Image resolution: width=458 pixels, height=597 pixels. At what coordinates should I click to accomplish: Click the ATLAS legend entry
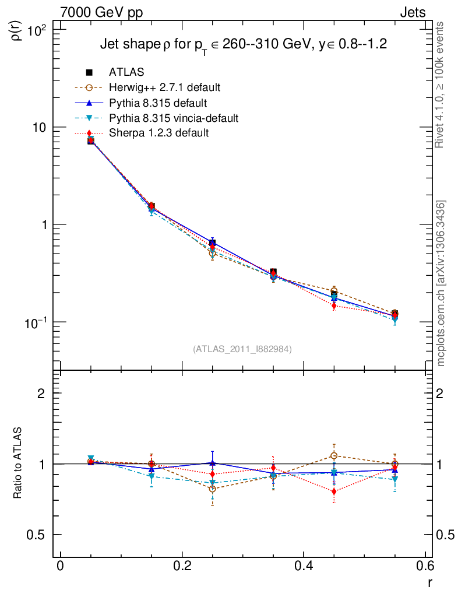pyautogui.click(x=126, y=72)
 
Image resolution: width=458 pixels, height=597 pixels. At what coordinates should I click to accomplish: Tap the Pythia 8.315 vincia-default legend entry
pyautogui.click(x=174, y=118)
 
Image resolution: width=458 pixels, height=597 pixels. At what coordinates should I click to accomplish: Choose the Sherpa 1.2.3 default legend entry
pyautogui.click(x=158, y=133)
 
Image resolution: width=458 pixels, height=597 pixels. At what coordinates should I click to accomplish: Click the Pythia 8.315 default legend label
pyautogui.click(x=157, y=103)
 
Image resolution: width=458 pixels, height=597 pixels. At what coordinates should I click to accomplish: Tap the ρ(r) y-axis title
pyautogui.click(x=16, y=29)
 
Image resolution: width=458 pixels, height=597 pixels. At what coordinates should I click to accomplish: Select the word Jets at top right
pyautogui.click(x=412, y=12)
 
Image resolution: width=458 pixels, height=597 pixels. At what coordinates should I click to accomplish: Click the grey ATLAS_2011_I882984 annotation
pyautogui.click(x=242, y=349)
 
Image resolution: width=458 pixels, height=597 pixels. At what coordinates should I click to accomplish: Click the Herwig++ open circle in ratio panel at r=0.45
pyautogui.click(x=334, y=456)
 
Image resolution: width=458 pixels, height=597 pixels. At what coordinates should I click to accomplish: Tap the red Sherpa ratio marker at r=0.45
pyautogui.click(x=334, y=491)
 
